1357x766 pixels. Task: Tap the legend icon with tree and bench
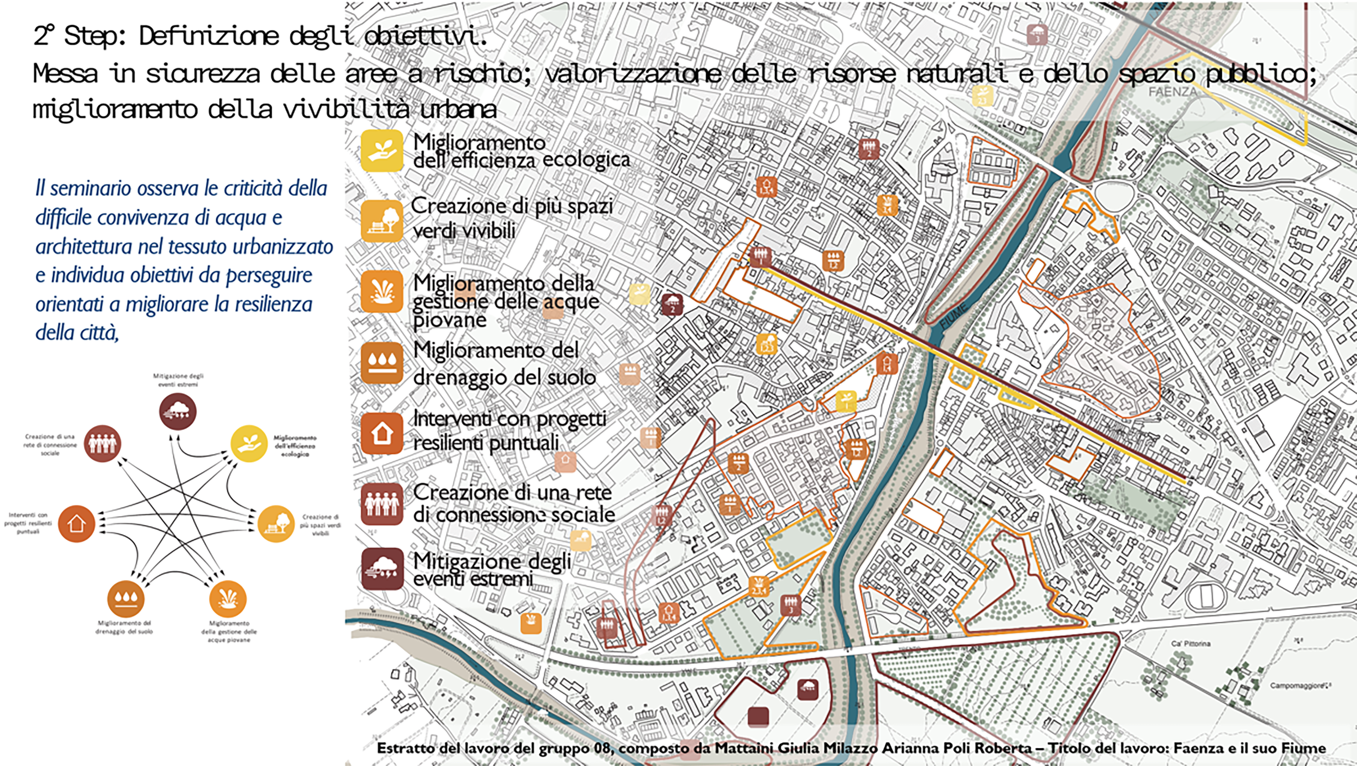click(381, 221)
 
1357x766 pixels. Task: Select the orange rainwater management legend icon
click(381, 293)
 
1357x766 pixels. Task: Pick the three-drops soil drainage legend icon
click(381, 363)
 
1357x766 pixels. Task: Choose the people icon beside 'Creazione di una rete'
click(381, 504)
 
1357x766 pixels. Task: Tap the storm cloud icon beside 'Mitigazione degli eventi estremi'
click(381, 569)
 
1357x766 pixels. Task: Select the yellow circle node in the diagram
click(249, 444)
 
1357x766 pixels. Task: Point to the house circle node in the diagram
click(76, 523)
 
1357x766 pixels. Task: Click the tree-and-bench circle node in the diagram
click(276, 523)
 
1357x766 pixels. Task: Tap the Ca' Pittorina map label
click(1190, 644)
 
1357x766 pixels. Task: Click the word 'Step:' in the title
click(95, 36)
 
